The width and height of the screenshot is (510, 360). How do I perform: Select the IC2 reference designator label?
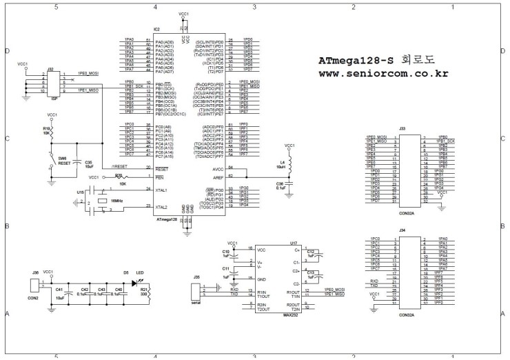156,30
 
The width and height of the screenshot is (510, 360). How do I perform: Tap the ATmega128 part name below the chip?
166,219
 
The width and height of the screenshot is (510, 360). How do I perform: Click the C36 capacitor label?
280,183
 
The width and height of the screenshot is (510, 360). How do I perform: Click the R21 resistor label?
144,290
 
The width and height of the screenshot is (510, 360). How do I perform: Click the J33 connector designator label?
402,128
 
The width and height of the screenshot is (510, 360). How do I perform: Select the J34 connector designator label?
402,232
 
